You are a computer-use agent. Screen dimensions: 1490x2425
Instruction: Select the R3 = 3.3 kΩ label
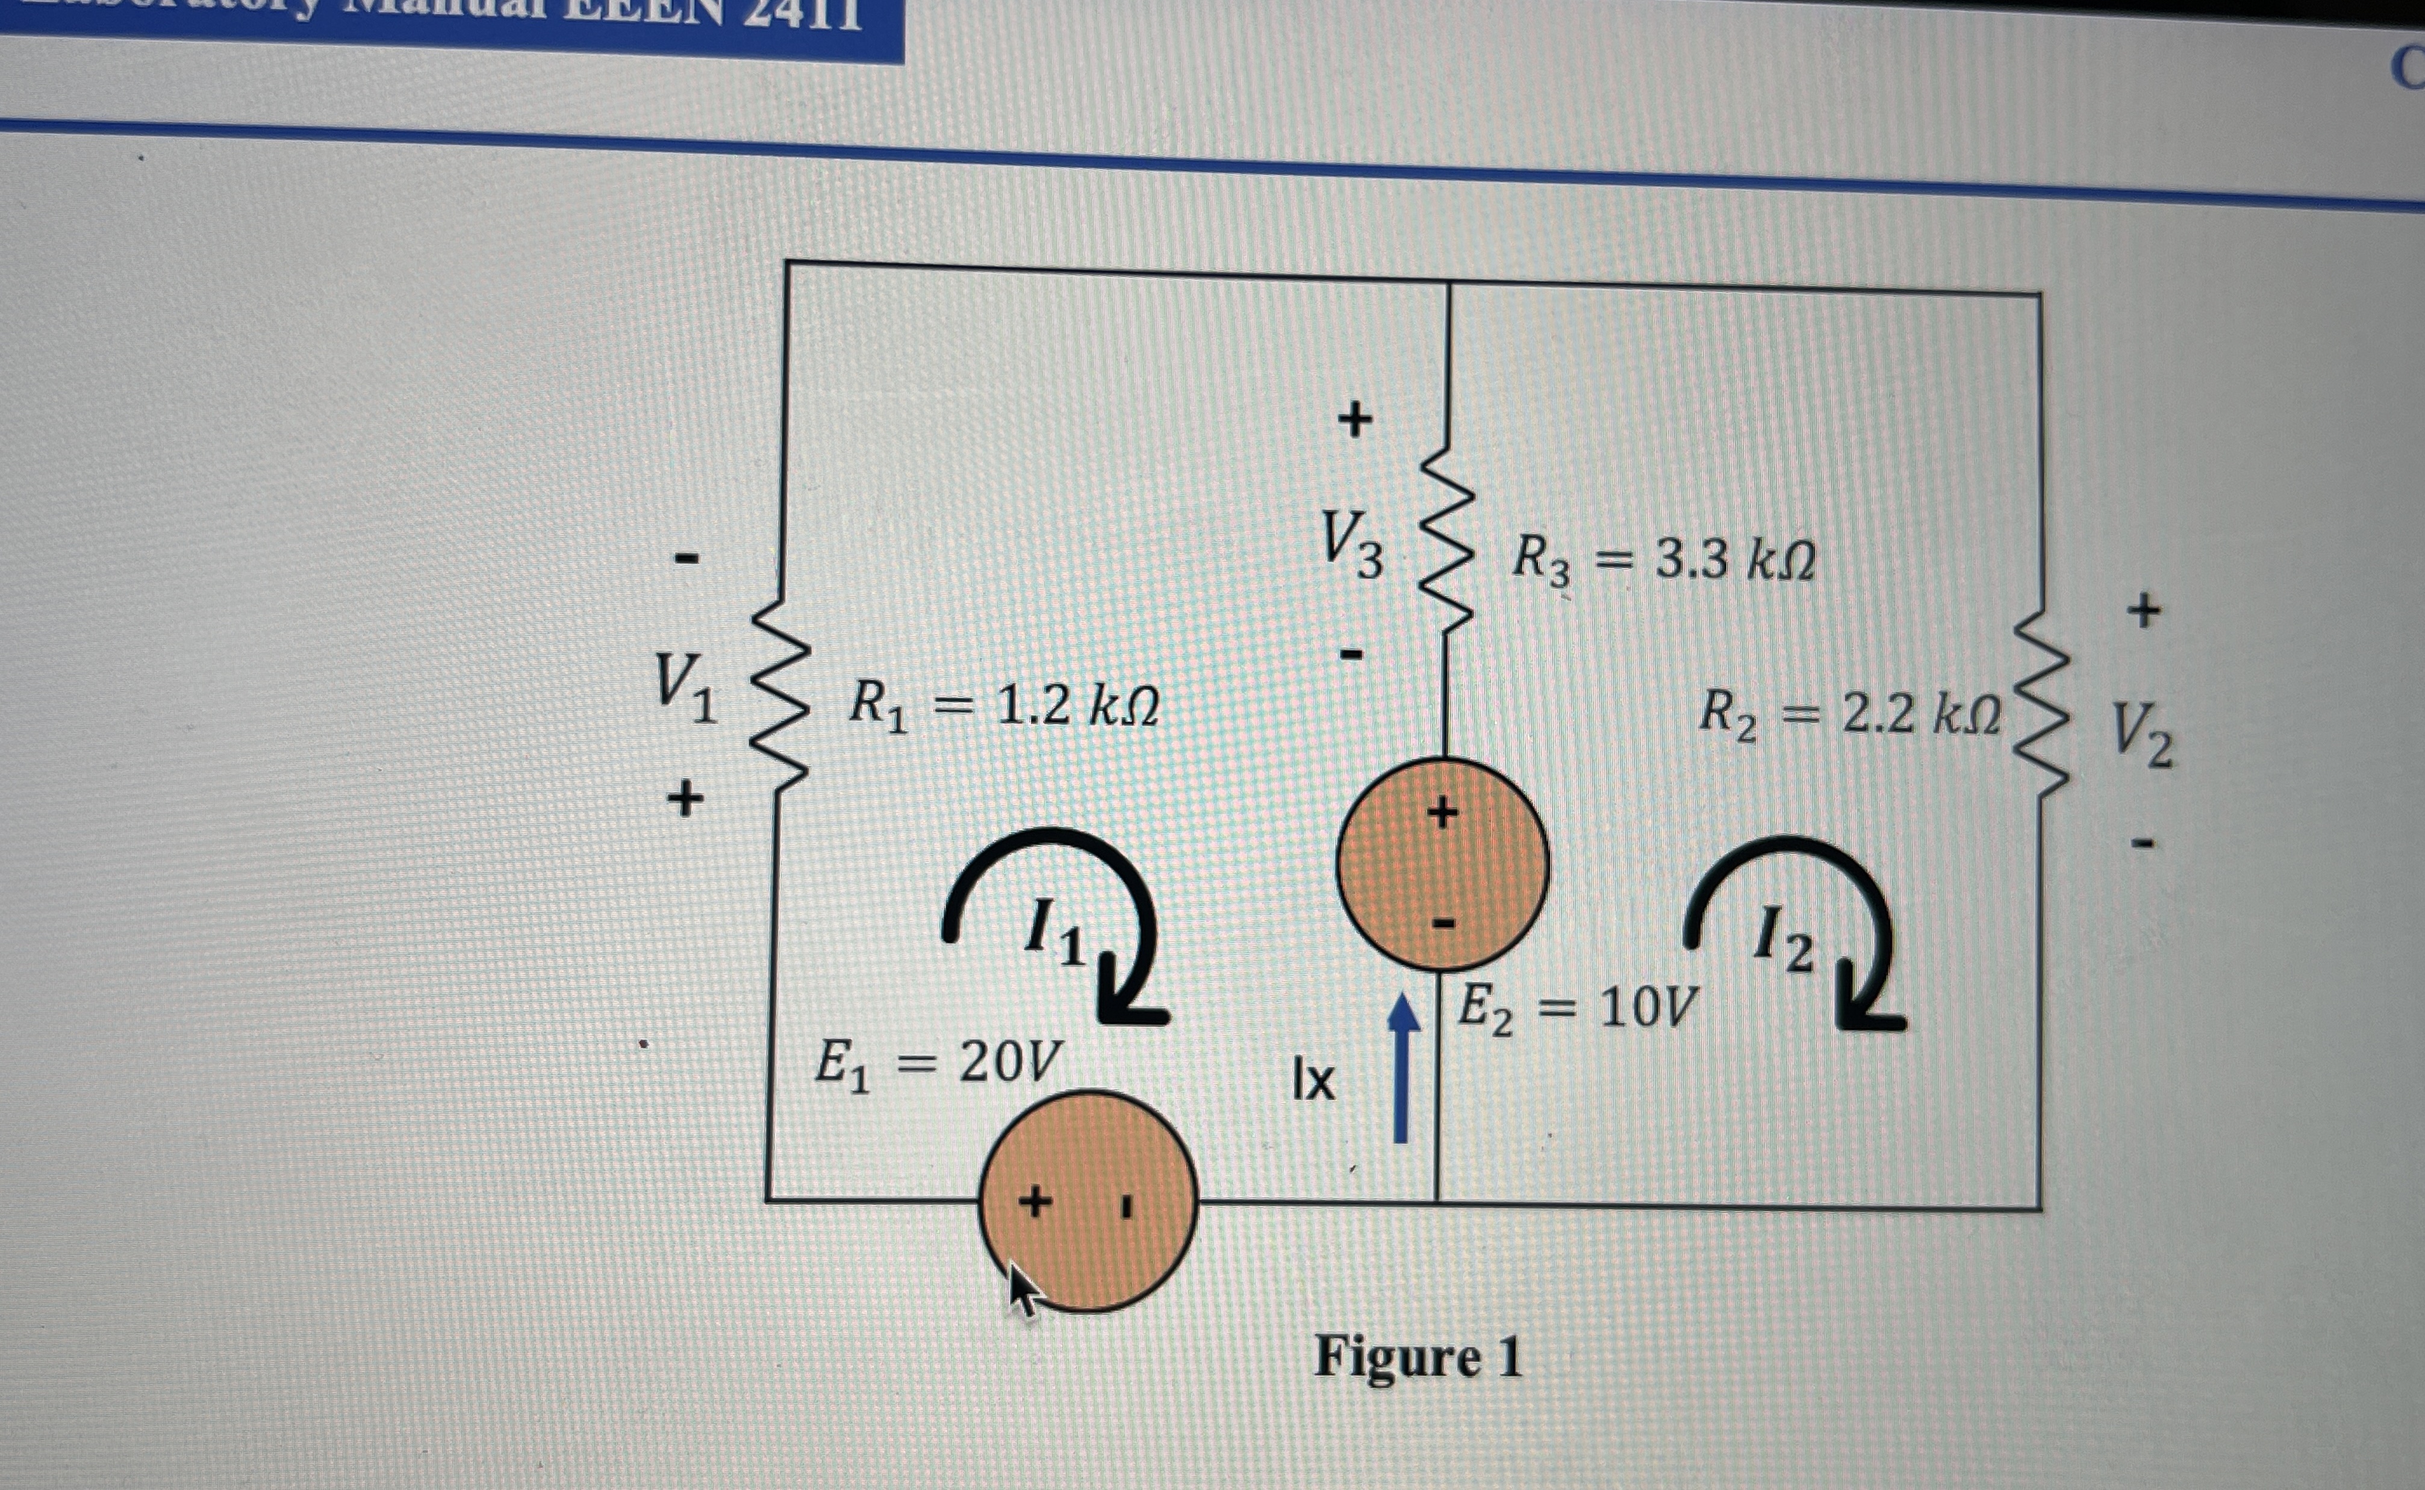point(1662,561)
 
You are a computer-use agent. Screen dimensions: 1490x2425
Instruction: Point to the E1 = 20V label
point(938,1064)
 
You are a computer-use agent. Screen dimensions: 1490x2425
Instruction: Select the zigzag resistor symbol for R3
point(1445,537)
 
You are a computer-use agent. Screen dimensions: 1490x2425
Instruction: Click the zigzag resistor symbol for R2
point(2039,705)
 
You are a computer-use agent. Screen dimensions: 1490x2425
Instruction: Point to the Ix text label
point(1313,1081)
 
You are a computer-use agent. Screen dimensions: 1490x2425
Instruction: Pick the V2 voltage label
point(2141,737)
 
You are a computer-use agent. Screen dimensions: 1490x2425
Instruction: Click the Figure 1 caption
point(1418,1357)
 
